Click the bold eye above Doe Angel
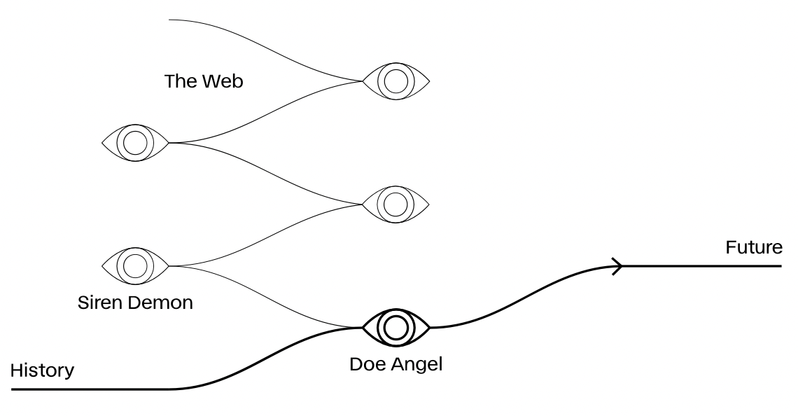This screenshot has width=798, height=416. tap(396, 327)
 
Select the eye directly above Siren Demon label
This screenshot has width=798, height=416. tap(135, 266)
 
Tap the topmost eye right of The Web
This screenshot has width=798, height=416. tap(396, 81)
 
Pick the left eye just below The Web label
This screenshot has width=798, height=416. tap(135, 143)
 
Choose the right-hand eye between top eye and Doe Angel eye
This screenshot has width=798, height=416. tap(396, 204)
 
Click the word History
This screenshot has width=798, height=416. tap(42, 370)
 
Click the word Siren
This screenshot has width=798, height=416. tap(98, 304)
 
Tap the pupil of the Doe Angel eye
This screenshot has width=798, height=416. tap(396, 327)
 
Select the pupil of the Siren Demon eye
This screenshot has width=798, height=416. tap(135, 266)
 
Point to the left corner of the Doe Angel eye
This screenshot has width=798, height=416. tap(363, 327)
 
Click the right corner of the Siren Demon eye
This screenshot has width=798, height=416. tap(168, 266)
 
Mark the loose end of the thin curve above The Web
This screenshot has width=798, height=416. tap(170, 20)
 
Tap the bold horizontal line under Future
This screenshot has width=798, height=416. tap(700, 266)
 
